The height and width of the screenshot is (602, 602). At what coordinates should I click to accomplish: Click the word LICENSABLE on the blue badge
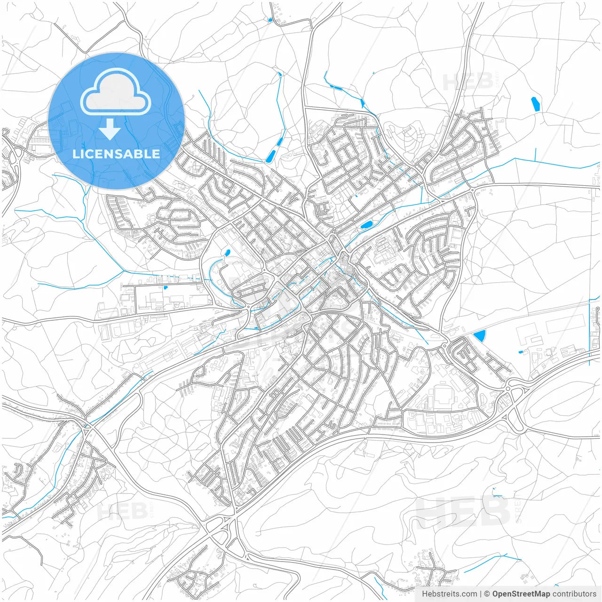click(x=116, y=154)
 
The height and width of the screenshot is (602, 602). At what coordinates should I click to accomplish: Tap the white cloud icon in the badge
click(x=116, y=91)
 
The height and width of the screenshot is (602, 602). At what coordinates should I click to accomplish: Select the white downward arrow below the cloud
click(x=110, y=129)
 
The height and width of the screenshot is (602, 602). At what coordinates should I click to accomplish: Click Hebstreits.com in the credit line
click(x=450, y=594)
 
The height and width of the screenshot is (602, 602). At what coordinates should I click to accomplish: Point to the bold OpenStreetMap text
click(x=521, y=594)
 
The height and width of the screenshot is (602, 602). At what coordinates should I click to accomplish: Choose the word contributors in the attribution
click(x=574, y=594)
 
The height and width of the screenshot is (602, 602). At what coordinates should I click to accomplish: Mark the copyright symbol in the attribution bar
click(x=487, y=594)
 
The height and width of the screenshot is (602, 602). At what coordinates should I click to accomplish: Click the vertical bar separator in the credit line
click(x=481, y=594)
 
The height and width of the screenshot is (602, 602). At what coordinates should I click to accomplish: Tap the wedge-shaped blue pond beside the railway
click(x=480, y=336)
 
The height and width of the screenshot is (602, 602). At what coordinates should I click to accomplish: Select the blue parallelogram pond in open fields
click(x=535, y=104)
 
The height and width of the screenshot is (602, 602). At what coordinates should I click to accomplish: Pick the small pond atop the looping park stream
click(x=227, y=253)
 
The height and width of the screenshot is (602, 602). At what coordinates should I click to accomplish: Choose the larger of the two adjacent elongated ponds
click(x=271, y=156)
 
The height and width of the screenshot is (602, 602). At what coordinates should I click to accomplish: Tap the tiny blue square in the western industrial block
click(x=166, y=287)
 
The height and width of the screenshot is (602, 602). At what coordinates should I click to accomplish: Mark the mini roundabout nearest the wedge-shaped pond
click(x=444, y=347)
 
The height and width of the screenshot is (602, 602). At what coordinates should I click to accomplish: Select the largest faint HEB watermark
click(x=463, y=512)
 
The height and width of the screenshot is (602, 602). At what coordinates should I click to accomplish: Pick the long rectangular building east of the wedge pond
click(x=564, y=325)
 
